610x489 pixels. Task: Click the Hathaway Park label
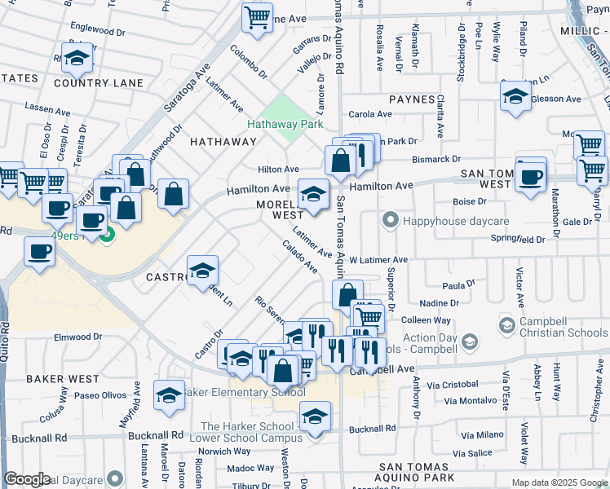click(x=285, y=124)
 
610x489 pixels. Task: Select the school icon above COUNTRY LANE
click(x=77, y=59)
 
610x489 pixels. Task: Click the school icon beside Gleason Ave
click(x=515, y=97)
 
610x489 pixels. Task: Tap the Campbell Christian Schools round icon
click(x=506, y=326)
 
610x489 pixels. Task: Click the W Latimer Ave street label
click(x=378, y=260)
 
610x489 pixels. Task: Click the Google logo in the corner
click(x=27, y=479)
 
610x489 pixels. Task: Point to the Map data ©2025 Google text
click(x=559, y=482)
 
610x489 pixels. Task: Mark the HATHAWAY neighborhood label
click(x=223, y=141)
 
